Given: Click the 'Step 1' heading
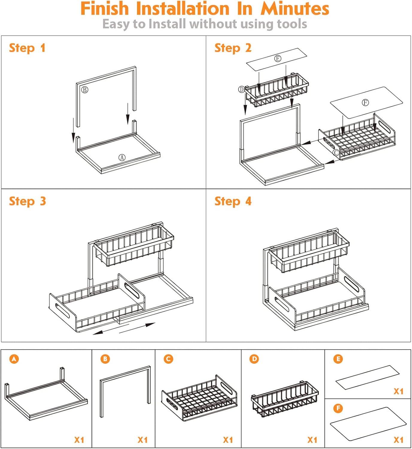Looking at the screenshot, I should click(x=27, y=48).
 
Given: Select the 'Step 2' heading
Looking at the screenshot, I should click(x=233, y=48).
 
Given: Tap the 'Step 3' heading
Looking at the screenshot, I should click(x=28, y=201).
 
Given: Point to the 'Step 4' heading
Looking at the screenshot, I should click(x=233, y=201).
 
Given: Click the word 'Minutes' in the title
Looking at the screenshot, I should click(x=295, y=9).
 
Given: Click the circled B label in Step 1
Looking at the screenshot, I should click(x=85, y=90).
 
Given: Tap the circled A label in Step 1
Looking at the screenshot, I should click(x=122, y=157).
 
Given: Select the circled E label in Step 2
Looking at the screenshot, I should click(x=278, y=58).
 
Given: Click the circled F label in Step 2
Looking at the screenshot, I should click(x=365, y=103).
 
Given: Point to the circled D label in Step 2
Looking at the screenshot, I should click(x=241, y=89).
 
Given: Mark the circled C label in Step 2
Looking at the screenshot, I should click(x=336, y=153).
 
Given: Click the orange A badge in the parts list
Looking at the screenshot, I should click(x=14, y=359).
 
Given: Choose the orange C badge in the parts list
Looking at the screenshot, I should click(x=168, y=359).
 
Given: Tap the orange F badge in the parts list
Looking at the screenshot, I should click(x=338, y=408).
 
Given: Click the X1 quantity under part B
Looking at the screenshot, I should click(x=142, y=440).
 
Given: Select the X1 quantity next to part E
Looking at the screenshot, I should click(x=399, y=391).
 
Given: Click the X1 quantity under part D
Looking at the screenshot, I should click(x=312, y=440).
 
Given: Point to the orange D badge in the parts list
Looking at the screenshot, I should click(x=254, y=359).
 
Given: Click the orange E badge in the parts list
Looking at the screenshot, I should click(x=338, y=359).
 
